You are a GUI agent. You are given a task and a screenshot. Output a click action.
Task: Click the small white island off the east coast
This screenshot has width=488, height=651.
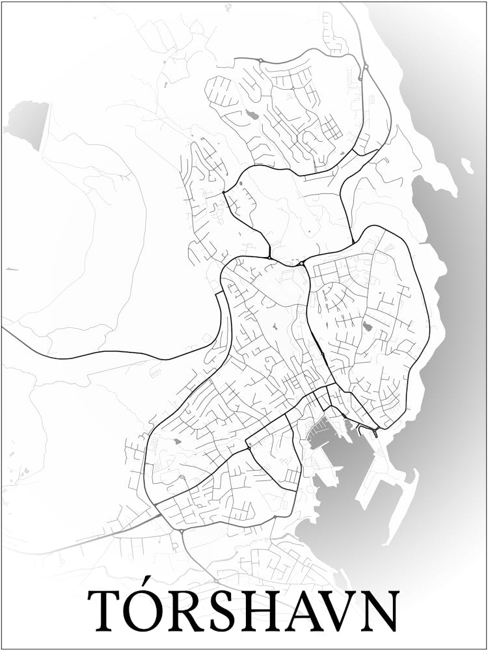tap(467, 165)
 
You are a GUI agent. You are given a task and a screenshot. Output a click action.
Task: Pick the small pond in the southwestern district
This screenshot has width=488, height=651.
tap(177, 442)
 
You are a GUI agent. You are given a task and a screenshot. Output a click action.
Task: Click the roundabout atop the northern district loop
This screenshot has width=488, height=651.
tap(260, 61)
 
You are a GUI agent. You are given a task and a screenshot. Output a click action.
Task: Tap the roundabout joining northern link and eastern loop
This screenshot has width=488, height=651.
tap(302, 263)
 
